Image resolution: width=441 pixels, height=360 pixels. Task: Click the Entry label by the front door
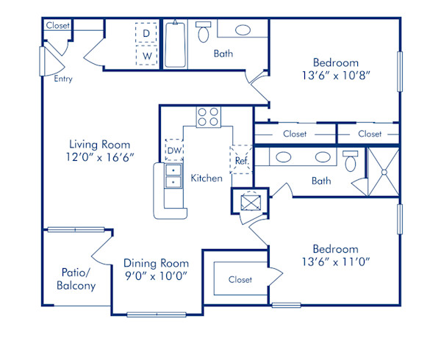(62, 78)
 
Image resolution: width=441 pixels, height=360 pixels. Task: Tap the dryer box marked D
(147, 34)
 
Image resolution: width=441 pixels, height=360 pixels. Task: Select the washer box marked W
(147, 55)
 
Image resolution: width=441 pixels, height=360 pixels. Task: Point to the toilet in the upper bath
(204, 32)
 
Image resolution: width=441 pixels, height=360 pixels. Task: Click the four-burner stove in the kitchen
(208, 116)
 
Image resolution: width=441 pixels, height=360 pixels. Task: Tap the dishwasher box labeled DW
(174, 151)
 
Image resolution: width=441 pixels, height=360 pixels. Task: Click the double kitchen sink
(173, 176)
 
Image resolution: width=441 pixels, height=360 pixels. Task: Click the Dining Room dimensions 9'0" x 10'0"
(156, 276)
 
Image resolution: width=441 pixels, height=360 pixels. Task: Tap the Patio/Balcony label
(76, 278)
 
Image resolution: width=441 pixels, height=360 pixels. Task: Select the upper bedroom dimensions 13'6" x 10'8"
(335, 75)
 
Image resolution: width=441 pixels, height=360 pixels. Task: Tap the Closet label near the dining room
(240, 280)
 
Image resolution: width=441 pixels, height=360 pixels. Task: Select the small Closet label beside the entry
(58, 26)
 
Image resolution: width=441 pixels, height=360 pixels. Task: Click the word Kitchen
(207, 178)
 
